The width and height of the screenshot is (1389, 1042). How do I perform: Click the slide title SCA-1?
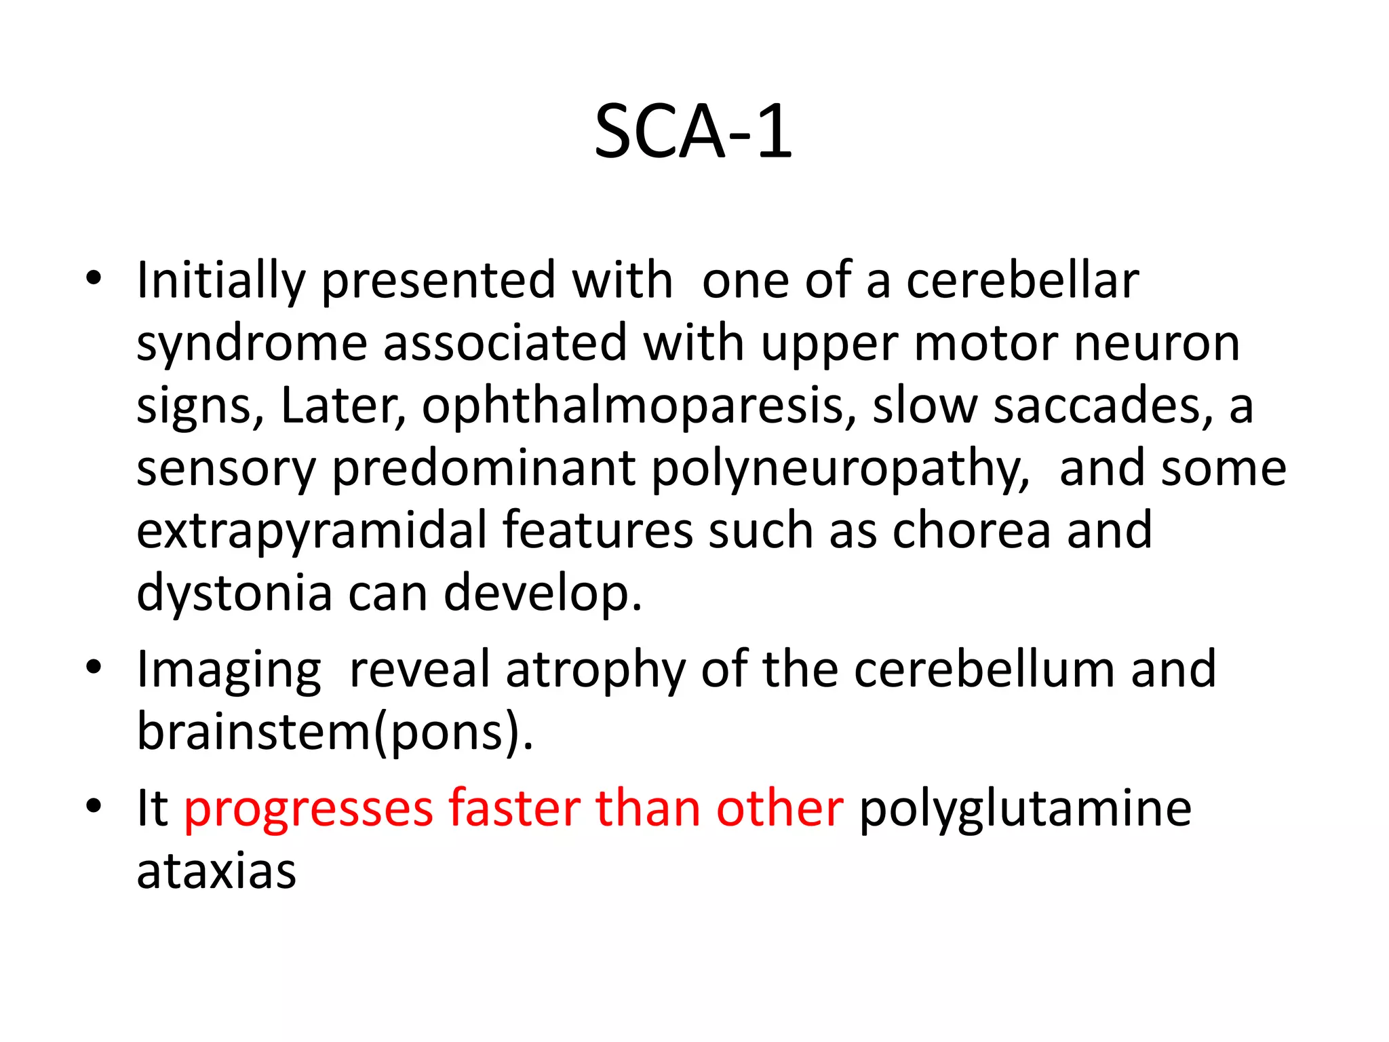click(693, 132)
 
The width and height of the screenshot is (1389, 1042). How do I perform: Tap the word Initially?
click(221, 281)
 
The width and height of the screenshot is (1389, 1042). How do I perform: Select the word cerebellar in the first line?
click(1022, 281)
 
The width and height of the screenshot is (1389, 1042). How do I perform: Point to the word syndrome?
click(252, 344)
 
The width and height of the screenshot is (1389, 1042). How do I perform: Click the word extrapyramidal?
click(312, 530)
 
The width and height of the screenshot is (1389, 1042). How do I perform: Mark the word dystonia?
click(235, 594)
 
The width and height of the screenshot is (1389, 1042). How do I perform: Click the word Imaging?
click(229, 670)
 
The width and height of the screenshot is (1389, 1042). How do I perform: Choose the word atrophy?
click(595, 670)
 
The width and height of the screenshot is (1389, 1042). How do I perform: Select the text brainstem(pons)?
click(335, 733)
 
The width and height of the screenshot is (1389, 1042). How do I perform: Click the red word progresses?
click(309, 809)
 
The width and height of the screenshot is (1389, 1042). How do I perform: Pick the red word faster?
click(513, 809)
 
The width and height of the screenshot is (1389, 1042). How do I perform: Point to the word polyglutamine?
click(1025, 809)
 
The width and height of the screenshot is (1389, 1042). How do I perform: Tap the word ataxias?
click(216, 871)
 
